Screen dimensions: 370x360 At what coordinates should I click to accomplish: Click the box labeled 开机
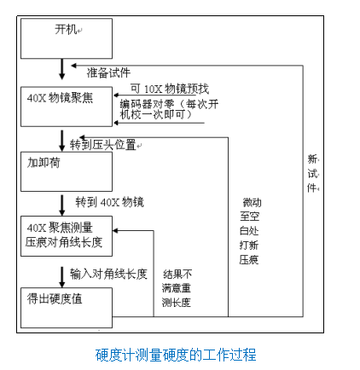point(67,38)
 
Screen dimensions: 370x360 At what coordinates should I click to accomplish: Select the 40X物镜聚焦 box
point(67,105)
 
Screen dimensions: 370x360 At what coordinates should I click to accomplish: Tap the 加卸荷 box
point(67,171)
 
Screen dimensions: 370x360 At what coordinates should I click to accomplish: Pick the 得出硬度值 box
point(67,308)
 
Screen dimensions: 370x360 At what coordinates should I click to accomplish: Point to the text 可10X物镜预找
point(169,88)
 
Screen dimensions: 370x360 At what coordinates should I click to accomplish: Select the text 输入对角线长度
point(108,275)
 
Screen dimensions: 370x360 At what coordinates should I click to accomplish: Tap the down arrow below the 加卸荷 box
point(61,205)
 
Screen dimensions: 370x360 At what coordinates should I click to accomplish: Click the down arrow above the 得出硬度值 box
point(61,276)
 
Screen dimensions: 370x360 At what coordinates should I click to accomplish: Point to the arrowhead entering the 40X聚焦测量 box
point(118,230)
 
